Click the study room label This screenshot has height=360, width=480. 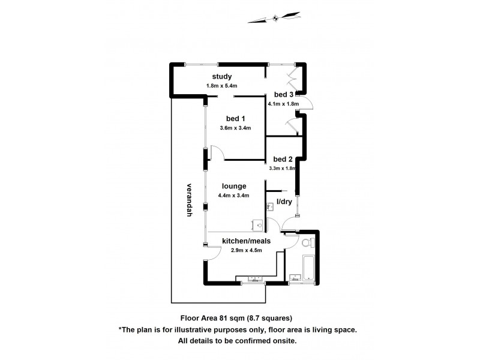[x=222, y=76]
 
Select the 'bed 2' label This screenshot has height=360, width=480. [x=283, y=159]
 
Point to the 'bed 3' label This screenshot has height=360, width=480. [x=283, y=94]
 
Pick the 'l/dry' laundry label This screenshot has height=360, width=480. [x=283, y=202]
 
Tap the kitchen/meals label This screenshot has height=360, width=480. [x=246, y=241]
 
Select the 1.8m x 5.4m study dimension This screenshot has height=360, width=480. [x=223, y=86]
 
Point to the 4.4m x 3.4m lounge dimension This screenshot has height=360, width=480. [x=235, y=195]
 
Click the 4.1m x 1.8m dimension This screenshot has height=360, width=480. [x=283, y=104]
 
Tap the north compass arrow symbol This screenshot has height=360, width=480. [x=275, y=17]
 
